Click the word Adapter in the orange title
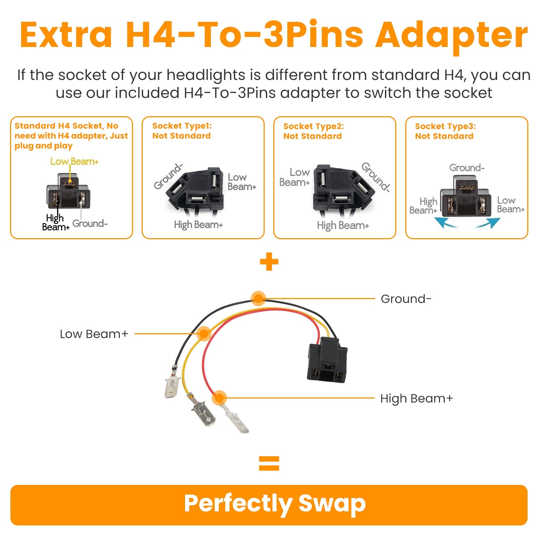coord(451,35)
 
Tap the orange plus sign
coord(269,262)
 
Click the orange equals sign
coord(269,463)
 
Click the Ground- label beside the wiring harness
coord(406,299)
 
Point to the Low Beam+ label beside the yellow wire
coord(94,334)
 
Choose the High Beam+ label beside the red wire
coord(416,398)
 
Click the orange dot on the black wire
coord(258,298)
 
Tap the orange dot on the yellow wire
coord(204,334)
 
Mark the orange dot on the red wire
coord(219,398)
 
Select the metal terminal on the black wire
coord(171,387)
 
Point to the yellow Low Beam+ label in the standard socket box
coord(74,161)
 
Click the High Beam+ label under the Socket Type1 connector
coord(198,225)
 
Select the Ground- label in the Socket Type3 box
coord(467,168)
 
